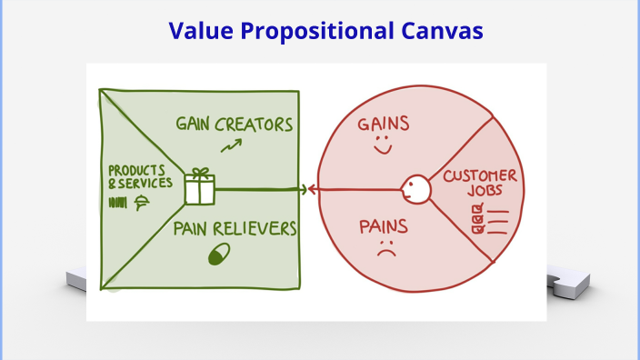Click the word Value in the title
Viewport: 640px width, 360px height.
pos(199,30)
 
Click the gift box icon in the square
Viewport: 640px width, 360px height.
pos(199,188)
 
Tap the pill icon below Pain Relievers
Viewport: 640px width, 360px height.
pos(218,256)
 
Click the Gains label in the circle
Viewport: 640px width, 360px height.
pos(383,123)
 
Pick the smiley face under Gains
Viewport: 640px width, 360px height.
pos(383,145)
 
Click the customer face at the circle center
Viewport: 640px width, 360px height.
pos(414,189)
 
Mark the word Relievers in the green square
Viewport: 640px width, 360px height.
pos(259,229)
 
